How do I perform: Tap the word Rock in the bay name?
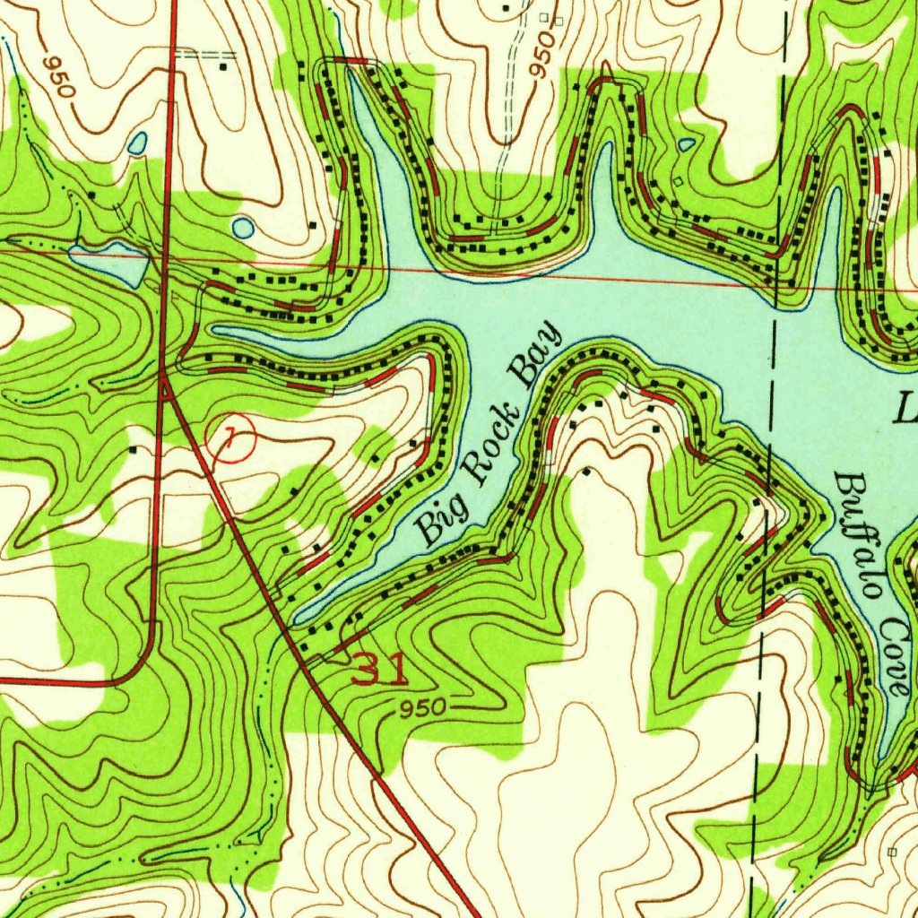pos(489,448)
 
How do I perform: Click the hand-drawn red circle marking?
pos(230,438)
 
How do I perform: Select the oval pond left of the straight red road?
pos(137,143)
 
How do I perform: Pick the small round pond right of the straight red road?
pos(243,228)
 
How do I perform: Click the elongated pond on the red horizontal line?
pos(112,261)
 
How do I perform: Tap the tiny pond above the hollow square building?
pos(686,144)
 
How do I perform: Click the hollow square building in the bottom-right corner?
pos(891,851)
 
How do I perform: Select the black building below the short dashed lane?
pos(222,67)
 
